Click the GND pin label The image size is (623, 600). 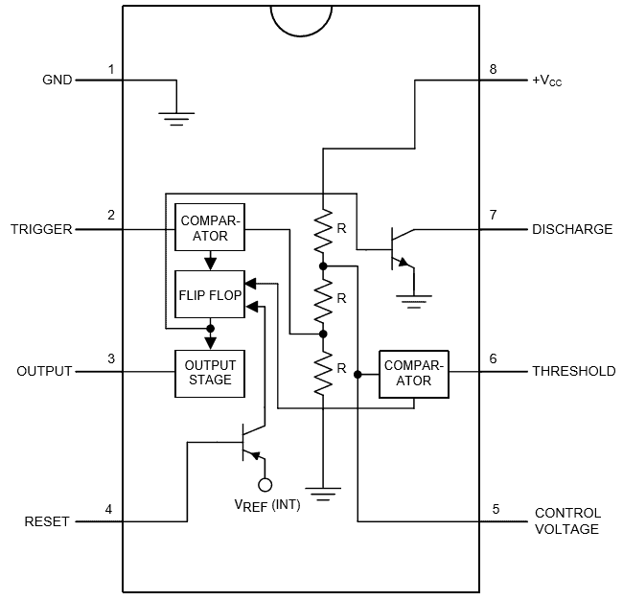[57, 81]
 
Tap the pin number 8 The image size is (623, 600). [493, 70]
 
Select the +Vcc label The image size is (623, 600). [546, 81]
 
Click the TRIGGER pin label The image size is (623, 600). [41, 230]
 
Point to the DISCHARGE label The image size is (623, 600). [571, 230]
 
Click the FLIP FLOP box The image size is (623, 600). [210, 295]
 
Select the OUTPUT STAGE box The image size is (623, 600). [209, 372]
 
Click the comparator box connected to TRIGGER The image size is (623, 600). [210, 226]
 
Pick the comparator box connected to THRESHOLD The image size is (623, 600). [414, 373]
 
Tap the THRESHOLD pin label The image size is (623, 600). [573, 372]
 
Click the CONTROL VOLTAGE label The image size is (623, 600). [567, 520]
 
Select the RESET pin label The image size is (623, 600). [46, 521]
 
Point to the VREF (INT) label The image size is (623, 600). [266, 505]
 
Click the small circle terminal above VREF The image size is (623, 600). [265, 485]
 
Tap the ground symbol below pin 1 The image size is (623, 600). [173, 117]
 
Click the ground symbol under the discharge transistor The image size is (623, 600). [414, 300]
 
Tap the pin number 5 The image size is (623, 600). [496, 509]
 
